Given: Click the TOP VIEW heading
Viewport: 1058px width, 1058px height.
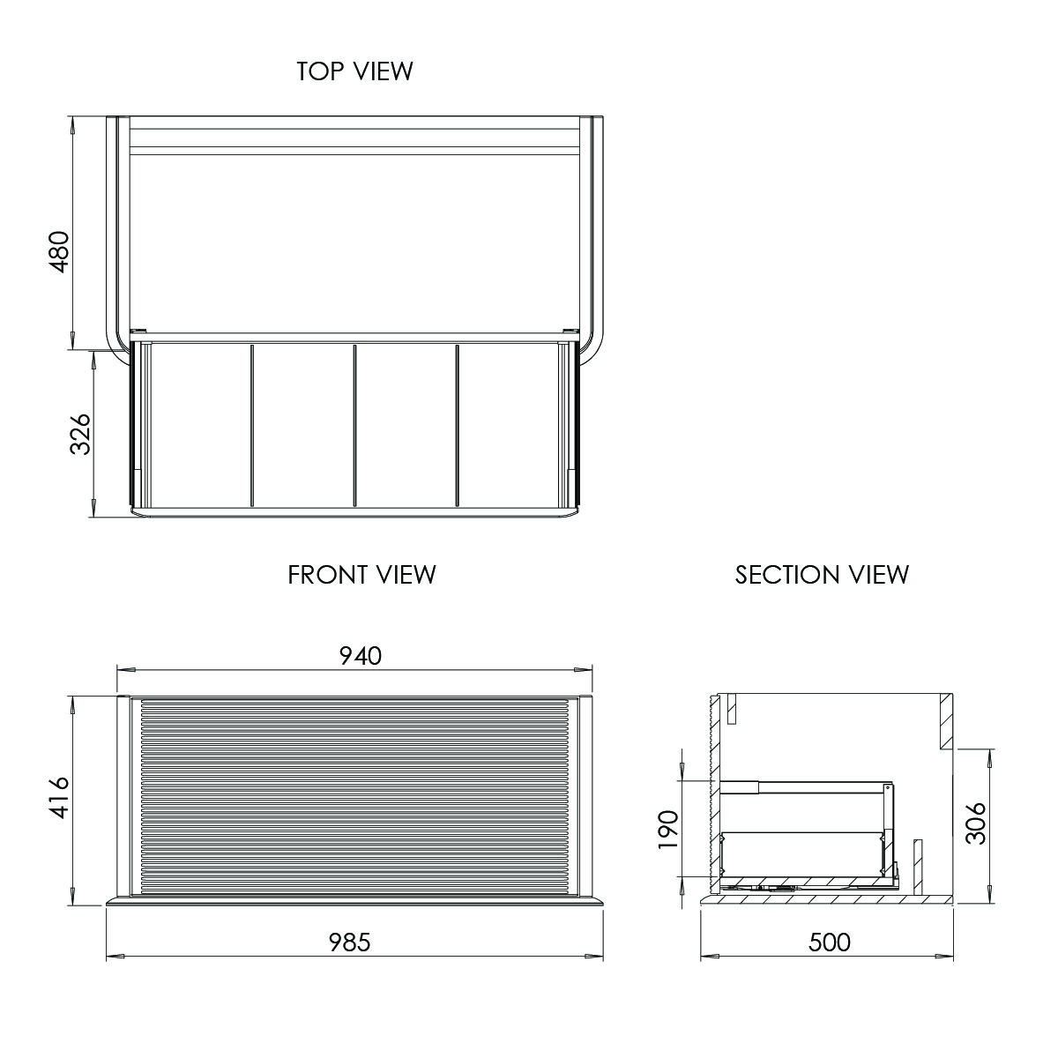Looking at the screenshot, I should pyautogui.click(x=354, y=71).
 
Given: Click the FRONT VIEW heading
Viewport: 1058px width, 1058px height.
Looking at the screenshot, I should pyautogui.click(x=361, y=575).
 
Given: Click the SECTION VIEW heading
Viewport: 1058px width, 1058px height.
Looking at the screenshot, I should pyautogui.click(x=822, y=575).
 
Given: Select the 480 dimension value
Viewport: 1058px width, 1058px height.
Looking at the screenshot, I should pyautogui.click(x=58, y=251).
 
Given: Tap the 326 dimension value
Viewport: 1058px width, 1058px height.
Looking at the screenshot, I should pyautogui.click(x=80, y=434).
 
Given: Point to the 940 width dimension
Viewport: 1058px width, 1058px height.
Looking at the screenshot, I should pyautogui.click(x=361, y=656).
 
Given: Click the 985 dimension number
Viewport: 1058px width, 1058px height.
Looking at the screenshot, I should pyautogui.click(x=350, y=943).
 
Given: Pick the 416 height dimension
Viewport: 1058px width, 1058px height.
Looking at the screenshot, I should pyautogui.click(x=58, y=799).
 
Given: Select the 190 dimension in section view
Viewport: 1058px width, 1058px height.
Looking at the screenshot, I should pyautogui.click(x=668, y=829).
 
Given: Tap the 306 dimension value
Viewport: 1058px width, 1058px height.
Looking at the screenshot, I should pyautogui.click(x=975, y=823).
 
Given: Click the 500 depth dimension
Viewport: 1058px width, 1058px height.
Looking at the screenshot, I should pyautogui.click(x=829, y=943).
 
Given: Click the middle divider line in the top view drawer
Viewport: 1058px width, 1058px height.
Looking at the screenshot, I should pyautogui.click(x=354, y=426).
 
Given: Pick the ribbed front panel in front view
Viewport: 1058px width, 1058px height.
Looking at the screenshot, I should pyautogui.click(x=353, y=798).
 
